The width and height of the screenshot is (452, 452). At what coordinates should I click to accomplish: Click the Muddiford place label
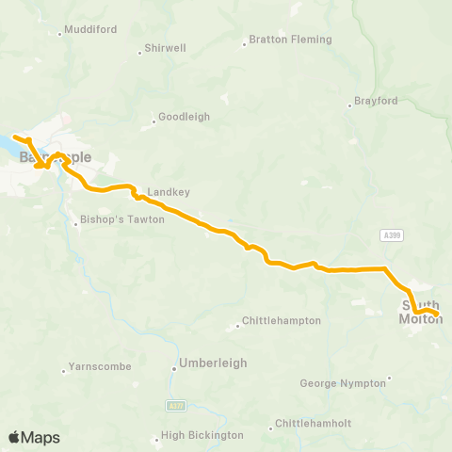pyautogui.click(x=91, y=29)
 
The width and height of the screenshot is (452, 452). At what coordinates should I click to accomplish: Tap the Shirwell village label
pyautogui.click(x=167, y=47)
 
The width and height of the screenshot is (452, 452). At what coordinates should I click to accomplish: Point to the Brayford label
pyautogui.click(x=377, y=101)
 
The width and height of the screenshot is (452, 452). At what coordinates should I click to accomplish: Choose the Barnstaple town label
pyautogui.click(x=56, y=157)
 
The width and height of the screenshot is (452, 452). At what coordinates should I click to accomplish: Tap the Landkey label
pyautogui.click(x=169, y=192)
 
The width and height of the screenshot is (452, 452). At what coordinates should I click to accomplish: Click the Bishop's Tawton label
pyautogui.click(x=123, y=219)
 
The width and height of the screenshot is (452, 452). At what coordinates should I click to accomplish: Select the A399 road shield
pyautogui.click(x=393, y=234)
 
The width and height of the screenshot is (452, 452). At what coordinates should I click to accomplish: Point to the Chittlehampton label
pyautogui.click(x=282, y=320)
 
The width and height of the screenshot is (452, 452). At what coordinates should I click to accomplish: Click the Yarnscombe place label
pyautogui.click(x=93, y=368)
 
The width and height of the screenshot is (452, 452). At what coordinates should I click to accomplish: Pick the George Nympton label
pyautogui.click(x=343, y=383)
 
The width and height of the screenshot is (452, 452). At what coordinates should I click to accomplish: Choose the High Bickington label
pyautogui.click(x=202, y=435)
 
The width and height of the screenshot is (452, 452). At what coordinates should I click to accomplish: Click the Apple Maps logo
pyautogui.click(x=34, y=437)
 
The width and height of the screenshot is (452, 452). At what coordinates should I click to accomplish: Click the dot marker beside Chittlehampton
pyautogui.click(x=237, y=328)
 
